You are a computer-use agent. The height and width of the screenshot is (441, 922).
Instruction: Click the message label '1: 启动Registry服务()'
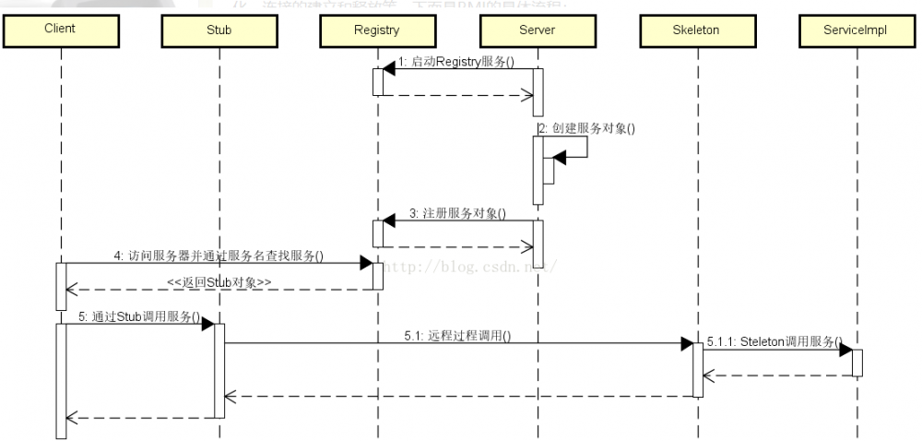point(455,61)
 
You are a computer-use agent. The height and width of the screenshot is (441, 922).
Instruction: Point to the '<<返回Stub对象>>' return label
point(219,280)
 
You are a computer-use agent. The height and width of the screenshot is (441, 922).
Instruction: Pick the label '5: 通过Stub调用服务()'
point(139,316)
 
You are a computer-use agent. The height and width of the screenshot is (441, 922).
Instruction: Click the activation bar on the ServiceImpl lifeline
point(857,363)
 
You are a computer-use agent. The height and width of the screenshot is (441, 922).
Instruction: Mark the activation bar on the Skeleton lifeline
point(698,370)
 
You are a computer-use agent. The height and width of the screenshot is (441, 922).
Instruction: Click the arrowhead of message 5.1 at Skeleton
point(687,344)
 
